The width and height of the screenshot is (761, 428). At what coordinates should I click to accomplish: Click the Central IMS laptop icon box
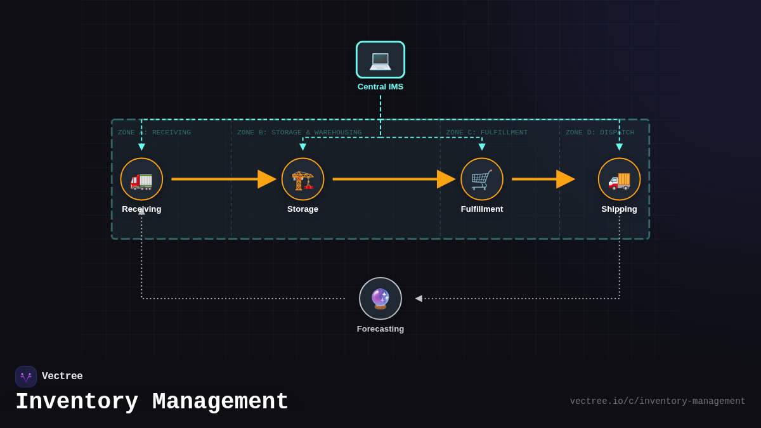(x=380, y=60)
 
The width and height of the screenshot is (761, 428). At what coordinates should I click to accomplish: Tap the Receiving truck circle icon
(x=141, y=179)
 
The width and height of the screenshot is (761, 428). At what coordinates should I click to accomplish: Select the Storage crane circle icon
(x=302, y=179)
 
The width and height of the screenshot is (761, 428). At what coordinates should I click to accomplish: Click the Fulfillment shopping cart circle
(x=482, y=179)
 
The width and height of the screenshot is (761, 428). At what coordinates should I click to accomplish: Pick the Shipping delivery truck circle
(x=619, y=179)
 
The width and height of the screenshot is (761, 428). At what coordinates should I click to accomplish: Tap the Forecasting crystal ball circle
(x=380, y=299)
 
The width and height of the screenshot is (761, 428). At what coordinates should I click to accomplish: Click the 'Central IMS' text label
(x=380, y=87)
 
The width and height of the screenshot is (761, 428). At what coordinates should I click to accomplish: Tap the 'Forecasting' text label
(x=380, y=329)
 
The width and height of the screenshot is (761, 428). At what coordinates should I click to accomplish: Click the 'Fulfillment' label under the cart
(x=482, y=209)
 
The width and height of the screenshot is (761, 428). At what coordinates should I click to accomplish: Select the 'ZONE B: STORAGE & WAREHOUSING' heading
(x=299, y=133)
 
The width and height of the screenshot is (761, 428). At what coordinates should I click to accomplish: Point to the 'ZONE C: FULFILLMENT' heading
(x=486, y=133)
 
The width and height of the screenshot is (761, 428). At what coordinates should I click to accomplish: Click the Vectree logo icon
(x=26, y=377)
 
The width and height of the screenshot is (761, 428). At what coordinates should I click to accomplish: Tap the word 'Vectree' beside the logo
(x=62, y=377)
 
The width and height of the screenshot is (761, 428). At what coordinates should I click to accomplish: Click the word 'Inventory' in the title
(x=77, y=402)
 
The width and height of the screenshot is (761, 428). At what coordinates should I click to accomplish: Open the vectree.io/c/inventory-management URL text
(x=657, y=401)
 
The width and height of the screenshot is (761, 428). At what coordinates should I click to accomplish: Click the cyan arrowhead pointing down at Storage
(x=302, y=147)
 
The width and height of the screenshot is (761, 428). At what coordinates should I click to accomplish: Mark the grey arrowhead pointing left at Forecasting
(x=419, y=299)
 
